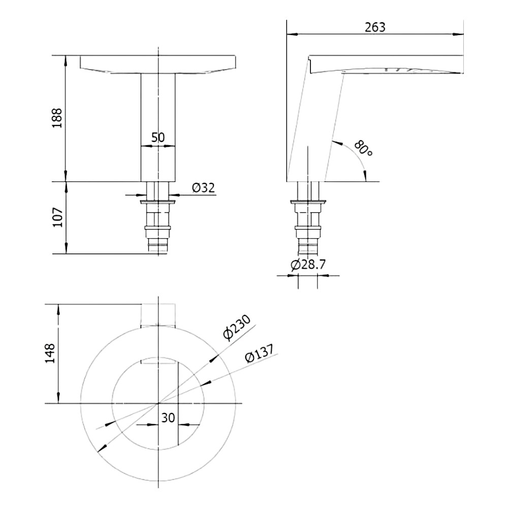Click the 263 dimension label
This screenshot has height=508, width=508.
click(375, 27)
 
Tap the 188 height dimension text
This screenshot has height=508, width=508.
click(57, 118)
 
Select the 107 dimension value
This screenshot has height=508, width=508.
click(57, 217)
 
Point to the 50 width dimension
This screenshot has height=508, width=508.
click(158, 137)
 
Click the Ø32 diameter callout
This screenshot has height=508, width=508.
click(203, 187)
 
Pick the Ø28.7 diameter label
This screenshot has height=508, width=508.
click(308, 265)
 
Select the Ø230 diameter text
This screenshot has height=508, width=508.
click(237, 328)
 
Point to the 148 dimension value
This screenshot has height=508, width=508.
click(50, 354)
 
